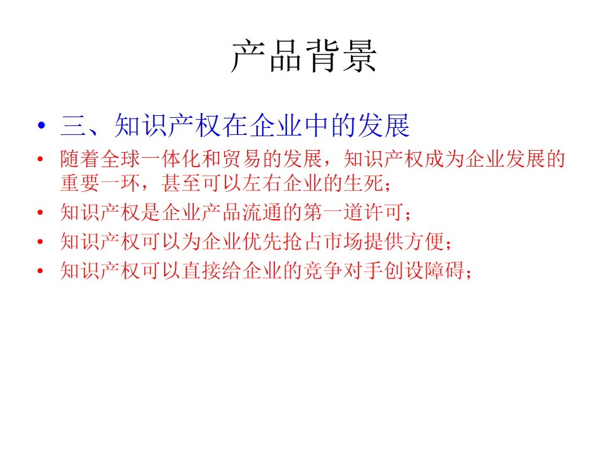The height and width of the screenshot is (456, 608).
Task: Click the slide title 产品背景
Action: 303,56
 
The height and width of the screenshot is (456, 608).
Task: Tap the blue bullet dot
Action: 42,125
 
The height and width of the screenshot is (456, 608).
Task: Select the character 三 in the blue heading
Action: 73,125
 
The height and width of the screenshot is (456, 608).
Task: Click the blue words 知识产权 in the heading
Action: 168,125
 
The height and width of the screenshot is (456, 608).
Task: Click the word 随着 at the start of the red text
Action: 80,159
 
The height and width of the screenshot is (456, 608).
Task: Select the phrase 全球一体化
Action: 151,159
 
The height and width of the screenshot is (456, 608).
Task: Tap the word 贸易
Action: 242,159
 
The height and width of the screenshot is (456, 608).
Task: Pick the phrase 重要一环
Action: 100,183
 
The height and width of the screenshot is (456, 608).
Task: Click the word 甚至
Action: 181,183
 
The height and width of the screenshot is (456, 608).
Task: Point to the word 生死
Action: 364,183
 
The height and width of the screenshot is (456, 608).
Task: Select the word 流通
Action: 262,212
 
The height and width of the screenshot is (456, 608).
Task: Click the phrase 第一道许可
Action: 353,212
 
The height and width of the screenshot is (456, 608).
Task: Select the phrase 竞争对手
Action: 343,270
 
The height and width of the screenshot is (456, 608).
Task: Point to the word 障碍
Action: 445,270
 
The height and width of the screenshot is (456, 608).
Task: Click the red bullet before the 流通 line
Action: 40,213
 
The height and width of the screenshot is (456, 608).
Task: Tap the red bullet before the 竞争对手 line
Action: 40,270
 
